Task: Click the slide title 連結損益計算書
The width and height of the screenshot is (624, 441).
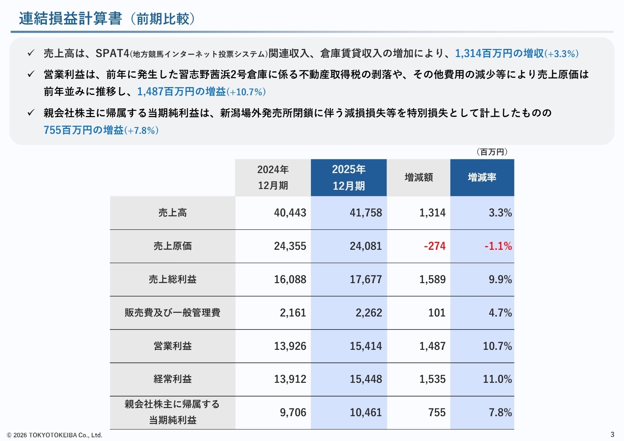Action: pyautogui.click(x=70, y=19)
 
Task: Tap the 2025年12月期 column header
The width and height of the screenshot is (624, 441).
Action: pyautogui.click(x=349, y=178)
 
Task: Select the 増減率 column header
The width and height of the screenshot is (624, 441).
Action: pyautogui.click(x=482, y=178)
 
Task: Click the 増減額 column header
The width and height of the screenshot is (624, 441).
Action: pyautogui.click(x=419, y=178)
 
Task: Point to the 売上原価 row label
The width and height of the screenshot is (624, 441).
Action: pyautogui.click(x=173, y=246)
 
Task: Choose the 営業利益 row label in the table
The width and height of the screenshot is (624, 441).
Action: pyautogui.click(x=173, y=346)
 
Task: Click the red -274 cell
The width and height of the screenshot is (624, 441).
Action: pyautogui.click(x=435, y=246)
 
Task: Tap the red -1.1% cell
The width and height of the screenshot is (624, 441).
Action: pyautogui.click(x=498, y=246)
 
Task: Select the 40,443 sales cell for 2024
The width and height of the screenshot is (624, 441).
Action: pyautogui.click(x=290, y=213)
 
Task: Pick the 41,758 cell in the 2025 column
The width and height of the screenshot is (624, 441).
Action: pyautogui.click(x=366, y=213)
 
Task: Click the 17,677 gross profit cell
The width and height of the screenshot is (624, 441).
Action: pyautogui.click(x=366, y=279)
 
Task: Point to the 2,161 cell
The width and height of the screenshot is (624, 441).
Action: pyautogui.click(x=293, y=313)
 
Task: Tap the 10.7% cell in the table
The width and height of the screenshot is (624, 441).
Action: pyautogui.click(x=497, y=346)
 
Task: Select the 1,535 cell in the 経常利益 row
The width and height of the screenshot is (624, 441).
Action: pyautogui.click(x=432, y=379)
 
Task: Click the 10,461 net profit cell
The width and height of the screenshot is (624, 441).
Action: pyautogui.click(x=366, y=412)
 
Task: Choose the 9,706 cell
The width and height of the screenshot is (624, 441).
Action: pyautogui.click(x=293, y=412)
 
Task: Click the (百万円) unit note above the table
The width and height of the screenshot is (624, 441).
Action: pyautogui.click(x=492, y=152)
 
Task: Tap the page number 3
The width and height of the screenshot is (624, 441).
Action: pyautogui.click(x=612, y=434)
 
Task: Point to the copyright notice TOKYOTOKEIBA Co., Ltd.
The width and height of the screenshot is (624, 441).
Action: pyautogui.click(x=54, y=435)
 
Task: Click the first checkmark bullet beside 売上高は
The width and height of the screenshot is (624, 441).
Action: pyautogui.click(x=31, y=53)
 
